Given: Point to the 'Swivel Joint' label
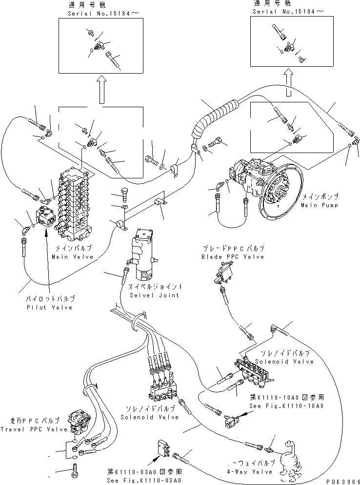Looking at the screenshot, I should tap(153, 295).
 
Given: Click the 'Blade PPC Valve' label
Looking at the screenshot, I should tap(232, 256).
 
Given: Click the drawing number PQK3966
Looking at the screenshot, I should tap(342, 480).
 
